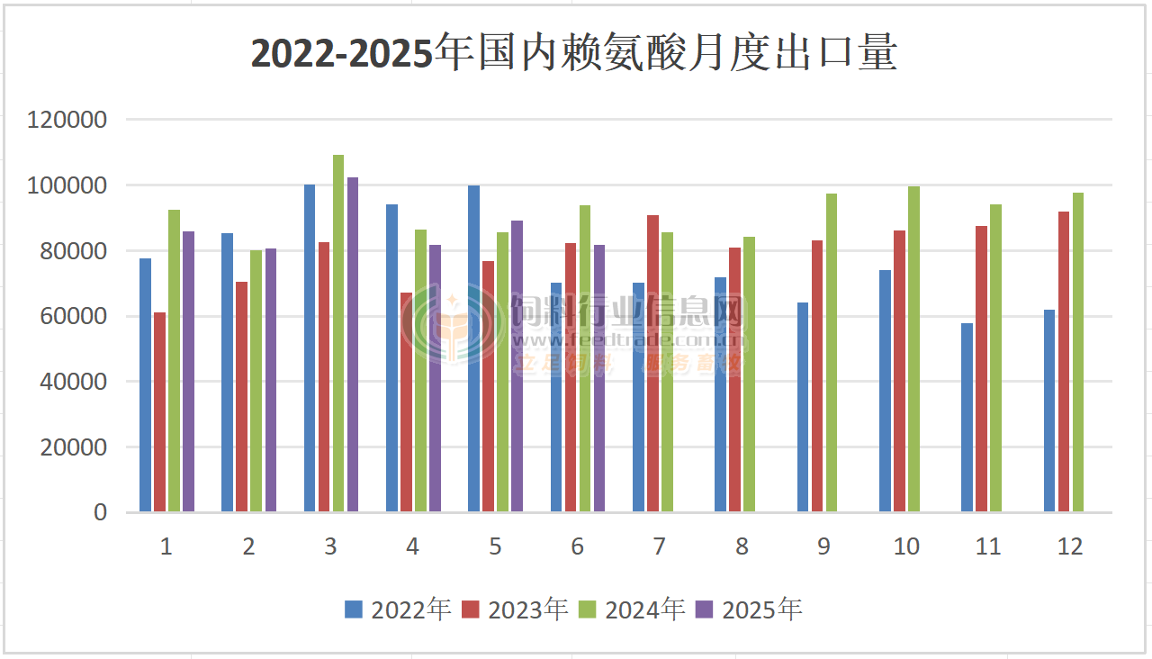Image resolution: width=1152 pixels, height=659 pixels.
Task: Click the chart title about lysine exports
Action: coord(574,54)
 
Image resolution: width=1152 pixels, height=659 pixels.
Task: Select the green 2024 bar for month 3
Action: coord(338,333)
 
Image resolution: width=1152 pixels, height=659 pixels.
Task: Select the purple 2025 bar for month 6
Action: coord(599,378)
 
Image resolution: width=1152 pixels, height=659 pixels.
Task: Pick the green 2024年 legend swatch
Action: coord(588,610)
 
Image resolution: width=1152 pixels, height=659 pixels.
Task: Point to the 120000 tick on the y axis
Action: coord(67,120)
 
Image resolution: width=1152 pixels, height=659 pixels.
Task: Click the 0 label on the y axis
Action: coord(100,512)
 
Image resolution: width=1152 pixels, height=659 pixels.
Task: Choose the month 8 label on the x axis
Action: coord(742,546)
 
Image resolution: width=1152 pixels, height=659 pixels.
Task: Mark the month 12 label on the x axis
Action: coord(1070,546)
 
